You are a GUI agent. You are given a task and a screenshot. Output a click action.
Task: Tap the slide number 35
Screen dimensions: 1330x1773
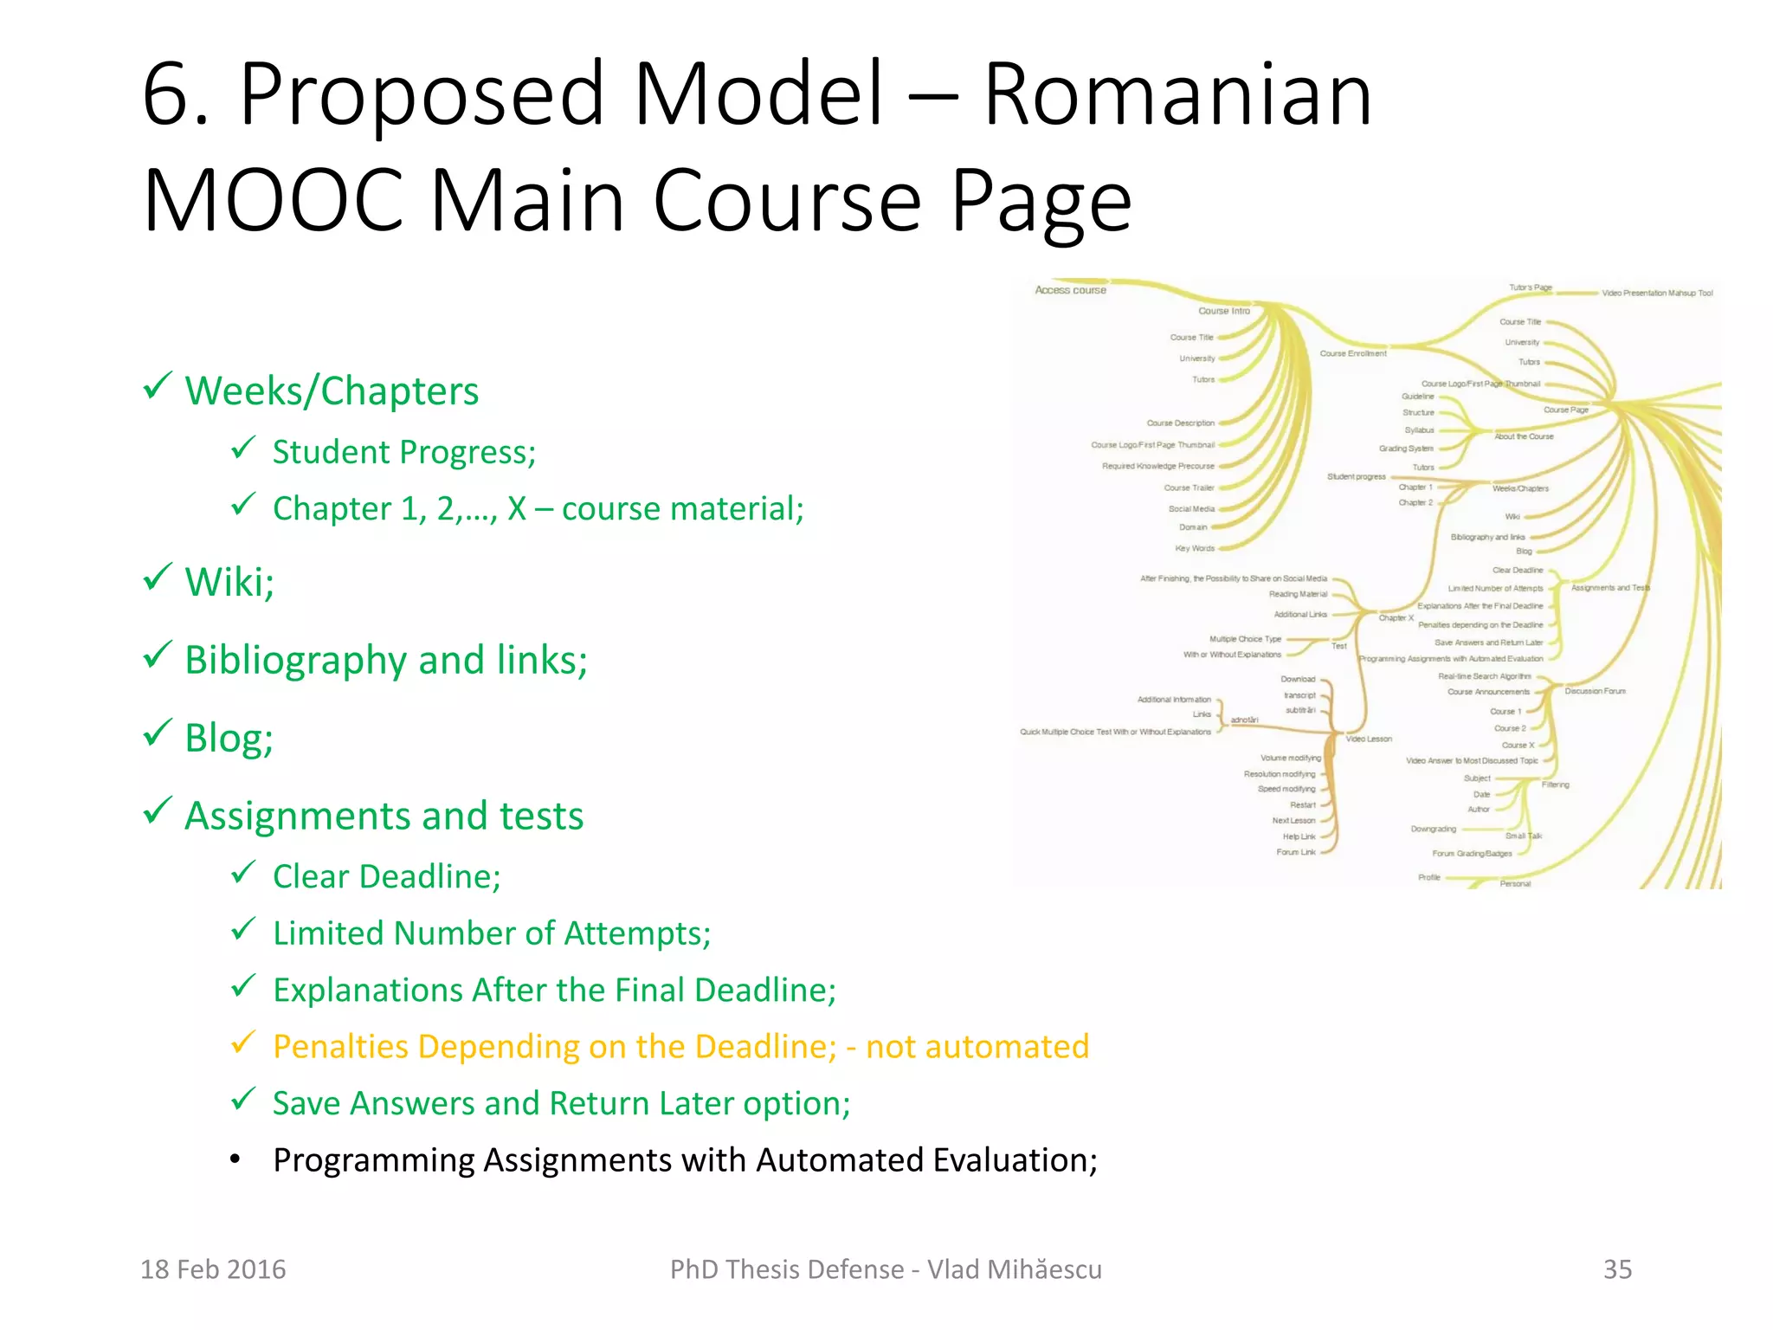coord(1617,1269)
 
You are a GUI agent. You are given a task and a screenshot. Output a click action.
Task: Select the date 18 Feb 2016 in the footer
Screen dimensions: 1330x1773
coord(213,1269)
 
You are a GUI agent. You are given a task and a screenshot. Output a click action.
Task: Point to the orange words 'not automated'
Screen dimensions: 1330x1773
coord(977,1047)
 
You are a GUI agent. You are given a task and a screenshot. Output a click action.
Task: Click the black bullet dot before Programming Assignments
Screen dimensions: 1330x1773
coord(235,1159)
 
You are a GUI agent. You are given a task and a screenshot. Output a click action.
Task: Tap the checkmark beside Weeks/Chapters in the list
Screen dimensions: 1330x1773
coord(158,386)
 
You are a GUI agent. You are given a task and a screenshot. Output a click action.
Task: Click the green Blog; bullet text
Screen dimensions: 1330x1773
coord(229,738)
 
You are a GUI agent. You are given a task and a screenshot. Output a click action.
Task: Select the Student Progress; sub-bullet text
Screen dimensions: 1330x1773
coord(404,452)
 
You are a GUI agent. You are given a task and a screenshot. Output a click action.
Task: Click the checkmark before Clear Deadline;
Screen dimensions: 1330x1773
coord(243,872)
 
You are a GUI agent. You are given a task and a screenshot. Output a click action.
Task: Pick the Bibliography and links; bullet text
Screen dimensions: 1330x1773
coord(386,660)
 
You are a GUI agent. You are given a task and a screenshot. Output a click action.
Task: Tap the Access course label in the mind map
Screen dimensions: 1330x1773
coord(1070,290)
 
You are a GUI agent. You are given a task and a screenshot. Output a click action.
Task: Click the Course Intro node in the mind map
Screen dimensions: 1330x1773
coord(1223,311)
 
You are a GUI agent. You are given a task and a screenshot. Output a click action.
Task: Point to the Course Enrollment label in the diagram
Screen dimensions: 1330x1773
coord(1352,353)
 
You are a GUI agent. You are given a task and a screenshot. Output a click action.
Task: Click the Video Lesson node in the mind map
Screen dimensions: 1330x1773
coord(1369,739)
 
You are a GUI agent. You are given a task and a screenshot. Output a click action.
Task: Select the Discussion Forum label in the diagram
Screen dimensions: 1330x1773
coord(1595,691)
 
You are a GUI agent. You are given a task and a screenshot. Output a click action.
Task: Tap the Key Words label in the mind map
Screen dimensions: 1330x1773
coord(1195,548)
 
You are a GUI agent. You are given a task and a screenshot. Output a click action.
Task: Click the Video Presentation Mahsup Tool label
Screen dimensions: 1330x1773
coord(1657,294)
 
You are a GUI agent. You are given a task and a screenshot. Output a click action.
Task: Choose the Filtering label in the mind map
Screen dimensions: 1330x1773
coord(1555,784)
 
